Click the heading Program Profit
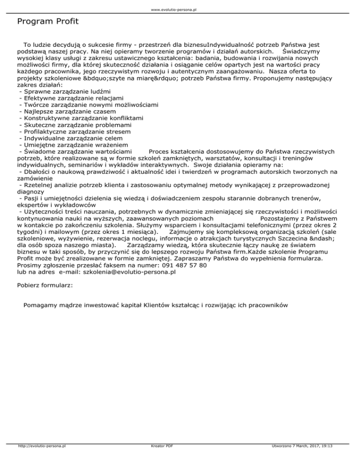[47, 22]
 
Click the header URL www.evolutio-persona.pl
[180, 9]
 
